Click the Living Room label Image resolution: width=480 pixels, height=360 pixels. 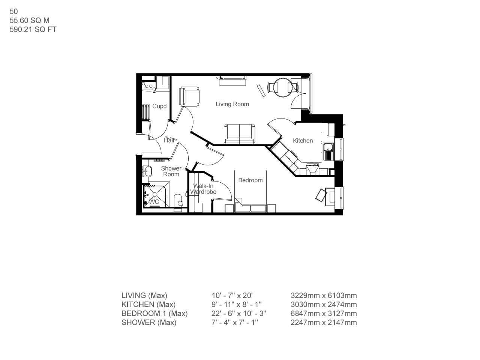tap(232, 104)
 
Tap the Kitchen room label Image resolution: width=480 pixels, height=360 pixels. tap(303, 141)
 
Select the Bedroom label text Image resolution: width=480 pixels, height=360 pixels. tap(250, 180)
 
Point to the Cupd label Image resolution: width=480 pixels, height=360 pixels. tap(159, 106)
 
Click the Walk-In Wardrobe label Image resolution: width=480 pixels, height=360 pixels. tap(203, 189)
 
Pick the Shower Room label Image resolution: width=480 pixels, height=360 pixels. tap(171, 171)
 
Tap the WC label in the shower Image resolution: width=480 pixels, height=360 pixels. tap(154, 202)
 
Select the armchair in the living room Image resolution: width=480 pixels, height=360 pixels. tap(189, 96)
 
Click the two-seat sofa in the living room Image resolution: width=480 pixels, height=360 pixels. tap(240, 134)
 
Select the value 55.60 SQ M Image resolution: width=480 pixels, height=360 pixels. tap(30, 21)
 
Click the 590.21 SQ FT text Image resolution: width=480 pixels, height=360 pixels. tap(33, 30)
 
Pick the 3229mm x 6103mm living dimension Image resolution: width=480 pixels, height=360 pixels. tap(324, 295)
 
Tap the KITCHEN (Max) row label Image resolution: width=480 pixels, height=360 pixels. tap(148, 304)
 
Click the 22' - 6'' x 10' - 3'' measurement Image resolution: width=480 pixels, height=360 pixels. tap(239, 313)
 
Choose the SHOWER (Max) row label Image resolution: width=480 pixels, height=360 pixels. tap(148, 322)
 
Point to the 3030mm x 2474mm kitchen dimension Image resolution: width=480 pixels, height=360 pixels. tap(324, 304)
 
